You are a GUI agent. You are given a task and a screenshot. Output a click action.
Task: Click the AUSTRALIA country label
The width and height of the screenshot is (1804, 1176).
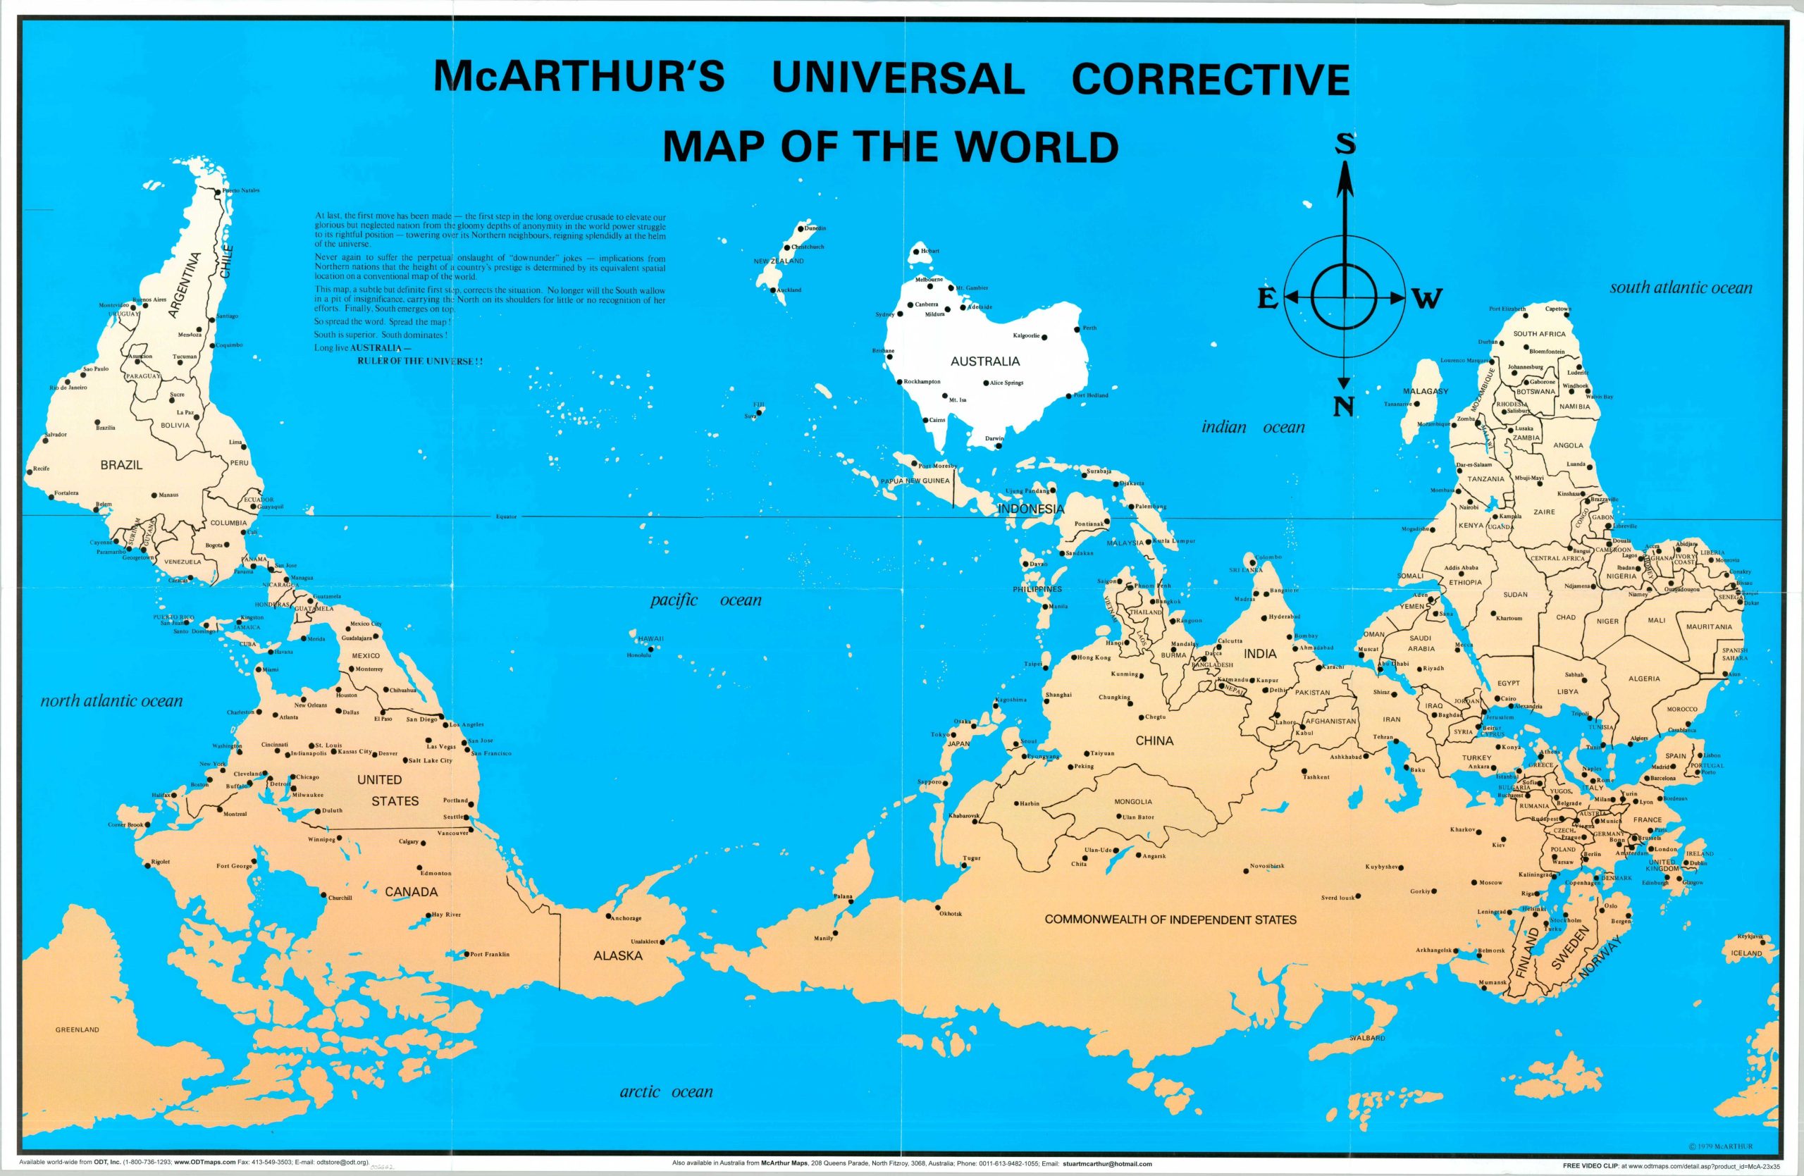[984, 361]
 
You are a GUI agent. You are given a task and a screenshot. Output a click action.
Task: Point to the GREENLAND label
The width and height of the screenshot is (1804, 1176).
[78, 1029]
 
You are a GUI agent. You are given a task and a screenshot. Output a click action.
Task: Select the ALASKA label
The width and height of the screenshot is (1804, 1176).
[618, 955]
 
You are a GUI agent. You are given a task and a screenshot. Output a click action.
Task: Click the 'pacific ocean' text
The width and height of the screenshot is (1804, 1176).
[705, 600]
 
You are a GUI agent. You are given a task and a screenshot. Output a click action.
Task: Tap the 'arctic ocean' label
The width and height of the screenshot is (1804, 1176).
[666, 1092]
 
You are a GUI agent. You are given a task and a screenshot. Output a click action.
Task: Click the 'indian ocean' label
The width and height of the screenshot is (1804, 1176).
[1253, 428]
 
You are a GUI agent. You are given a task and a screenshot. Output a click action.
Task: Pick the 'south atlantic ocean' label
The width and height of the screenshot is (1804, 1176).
[1681, 288]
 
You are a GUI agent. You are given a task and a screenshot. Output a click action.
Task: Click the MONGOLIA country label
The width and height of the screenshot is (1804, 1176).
[1132, 802]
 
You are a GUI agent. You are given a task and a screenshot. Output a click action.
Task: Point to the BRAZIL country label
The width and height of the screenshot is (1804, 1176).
[121, 464]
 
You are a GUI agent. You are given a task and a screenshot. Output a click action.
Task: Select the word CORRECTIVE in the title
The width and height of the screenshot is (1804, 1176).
[1211, 79]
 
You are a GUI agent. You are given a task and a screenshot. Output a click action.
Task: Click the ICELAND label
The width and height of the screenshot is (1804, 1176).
[1746, 953]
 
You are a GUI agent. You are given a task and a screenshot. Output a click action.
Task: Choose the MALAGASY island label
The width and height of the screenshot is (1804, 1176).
[1426, 391]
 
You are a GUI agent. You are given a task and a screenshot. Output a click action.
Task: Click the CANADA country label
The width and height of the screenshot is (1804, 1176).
[411, 892]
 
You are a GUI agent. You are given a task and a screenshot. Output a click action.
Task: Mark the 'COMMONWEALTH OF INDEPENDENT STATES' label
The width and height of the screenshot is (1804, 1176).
[1170, 920]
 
